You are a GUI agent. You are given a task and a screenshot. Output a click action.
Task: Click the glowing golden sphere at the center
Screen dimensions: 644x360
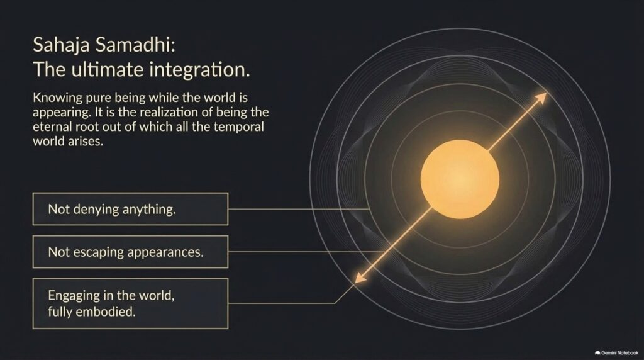coord(460,179)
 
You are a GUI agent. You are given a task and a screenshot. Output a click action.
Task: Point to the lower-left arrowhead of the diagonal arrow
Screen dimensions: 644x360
coord(360,278)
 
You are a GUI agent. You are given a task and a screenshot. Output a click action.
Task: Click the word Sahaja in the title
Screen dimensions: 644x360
coord(61,45)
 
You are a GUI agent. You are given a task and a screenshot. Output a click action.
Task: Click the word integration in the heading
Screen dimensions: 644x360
coord(199,70)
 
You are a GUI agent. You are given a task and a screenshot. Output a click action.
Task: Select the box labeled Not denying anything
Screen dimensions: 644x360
coord(130,209)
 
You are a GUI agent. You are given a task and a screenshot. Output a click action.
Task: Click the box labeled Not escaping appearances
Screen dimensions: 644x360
coord(130,252)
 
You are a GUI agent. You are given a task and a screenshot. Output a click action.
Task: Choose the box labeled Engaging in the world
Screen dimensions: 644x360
coord(130,303)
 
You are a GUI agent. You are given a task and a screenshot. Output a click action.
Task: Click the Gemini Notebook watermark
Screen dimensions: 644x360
coord(616,352)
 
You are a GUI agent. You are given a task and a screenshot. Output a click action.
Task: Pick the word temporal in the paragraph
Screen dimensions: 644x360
coord(238,127)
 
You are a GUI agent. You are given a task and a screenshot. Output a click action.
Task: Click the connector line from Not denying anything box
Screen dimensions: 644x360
coord(299,209)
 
